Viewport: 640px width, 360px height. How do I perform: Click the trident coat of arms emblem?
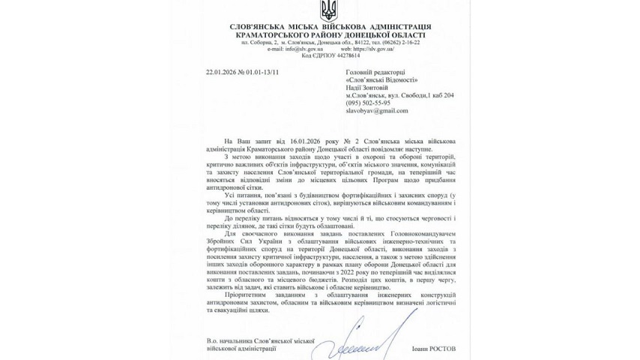[x=329, y=11]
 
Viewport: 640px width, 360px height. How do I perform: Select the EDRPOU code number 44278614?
[x=343, y=55]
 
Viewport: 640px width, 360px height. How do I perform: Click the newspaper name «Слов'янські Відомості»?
[x=383, y=80]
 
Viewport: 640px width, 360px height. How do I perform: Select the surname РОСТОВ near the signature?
[x=440, y=348]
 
